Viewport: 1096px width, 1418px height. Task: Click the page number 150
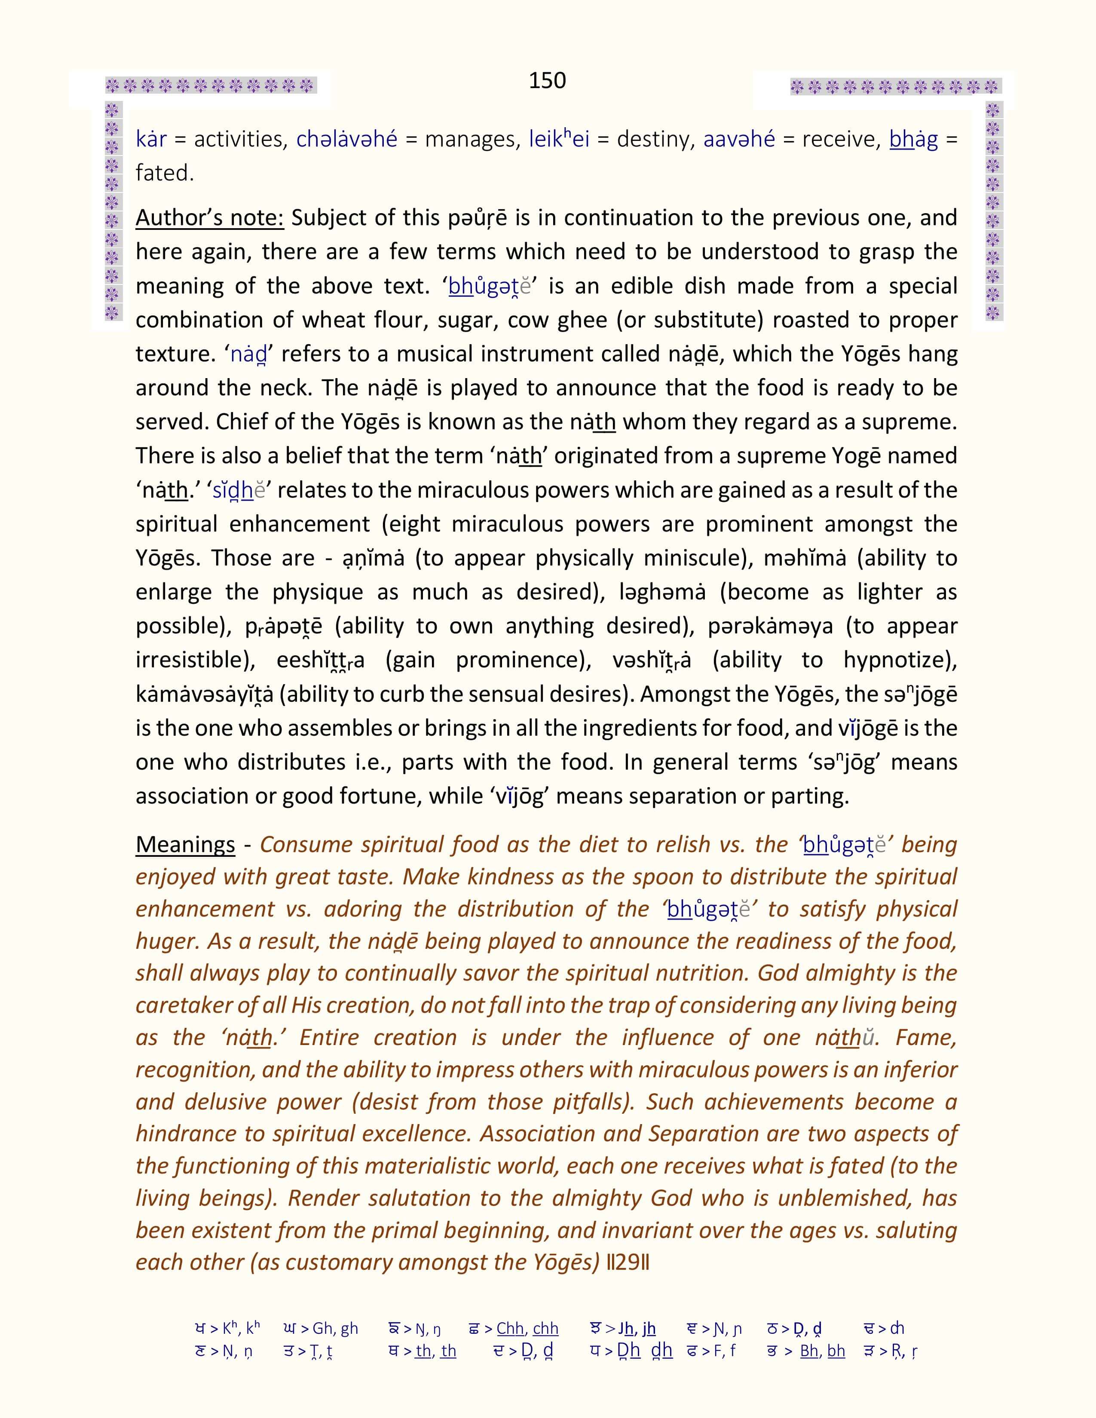(547, 80)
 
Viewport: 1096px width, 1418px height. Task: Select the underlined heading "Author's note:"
(210, 218)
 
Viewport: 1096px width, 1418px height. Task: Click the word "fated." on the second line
(165, 173)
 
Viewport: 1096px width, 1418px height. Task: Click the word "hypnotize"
(899, 660)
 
